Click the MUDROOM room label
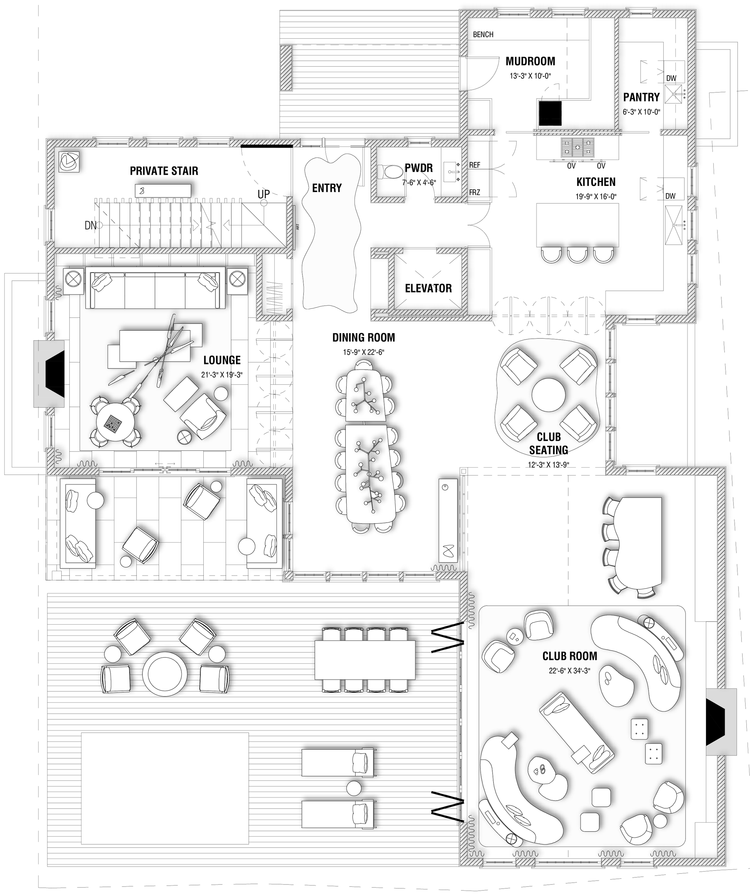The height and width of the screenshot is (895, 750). [530, 61]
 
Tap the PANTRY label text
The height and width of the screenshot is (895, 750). [641, 97]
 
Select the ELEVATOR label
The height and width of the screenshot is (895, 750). [428, 288]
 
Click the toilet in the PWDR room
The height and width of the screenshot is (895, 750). [390, 172]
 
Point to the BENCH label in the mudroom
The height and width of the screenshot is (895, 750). [483, 34]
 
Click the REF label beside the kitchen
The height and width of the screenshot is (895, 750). [475, 165]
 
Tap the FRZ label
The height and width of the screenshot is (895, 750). [475, 192]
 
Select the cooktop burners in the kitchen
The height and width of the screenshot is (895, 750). [577, 147]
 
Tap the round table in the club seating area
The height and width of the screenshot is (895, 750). [548, 395]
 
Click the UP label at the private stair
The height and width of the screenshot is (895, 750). [263, 194]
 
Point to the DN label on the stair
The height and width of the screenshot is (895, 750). [90, 225]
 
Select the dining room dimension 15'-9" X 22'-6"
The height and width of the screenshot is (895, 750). [363, 353]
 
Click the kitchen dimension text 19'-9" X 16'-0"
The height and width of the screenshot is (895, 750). [596, 196]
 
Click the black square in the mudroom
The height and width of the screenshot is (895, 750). [550, 113]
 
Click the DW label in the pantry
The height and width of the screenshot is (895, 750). [671, 79]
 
